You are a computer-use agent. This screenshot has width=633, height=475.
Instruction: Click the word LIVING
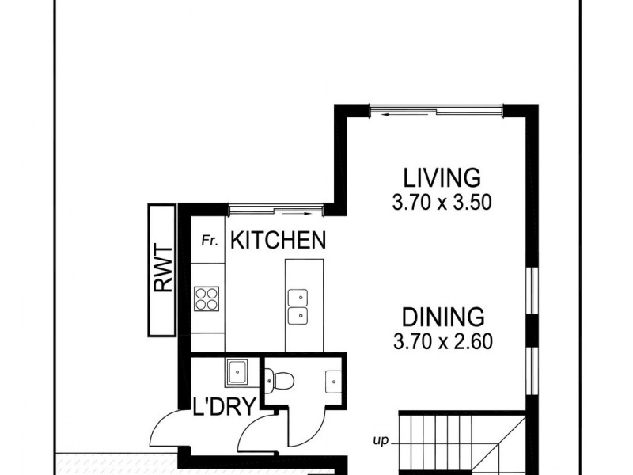(x=442, y=176)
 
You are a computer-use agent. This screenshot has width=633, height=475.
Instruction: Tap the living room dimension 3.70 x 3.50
(x=442, y=203)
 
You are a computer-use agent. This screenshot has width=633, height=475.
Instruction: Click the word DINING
(x=442, y=317)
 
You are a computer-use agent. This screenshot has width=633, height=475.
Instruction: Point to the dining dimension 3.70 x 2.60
(x=442, y=344)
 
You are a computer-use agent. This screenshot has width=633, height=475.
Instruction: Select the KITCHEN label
(x=278, y=241)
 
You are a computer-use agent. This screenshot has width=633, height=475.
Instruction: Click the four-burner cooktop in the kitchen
(x=207, y=298)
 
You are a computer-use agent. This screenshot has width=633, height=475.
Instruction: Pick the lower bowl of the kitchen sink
(x=298, y=317)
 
